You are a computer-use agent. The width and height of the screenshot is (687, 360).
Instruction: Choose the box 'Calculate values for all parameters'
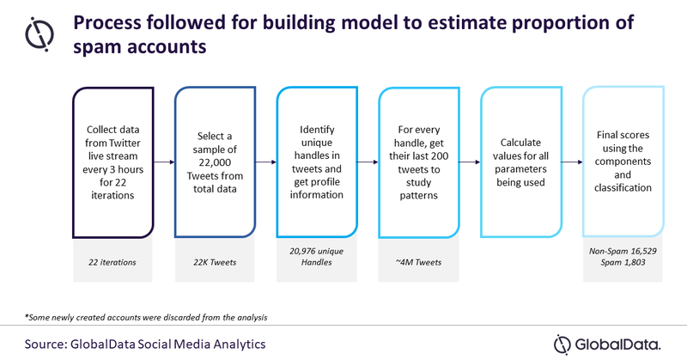click(x=518, y=161)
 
